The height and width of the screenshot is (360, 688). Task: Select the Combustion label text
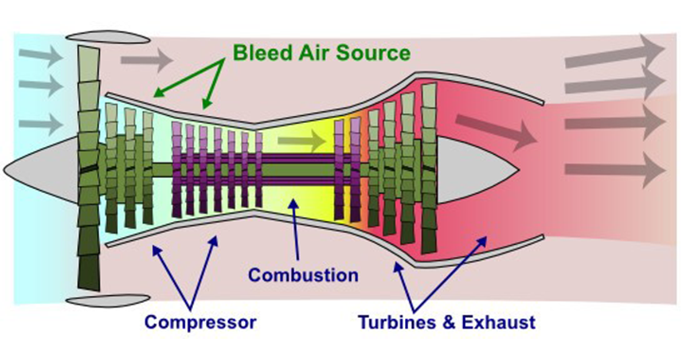(x=303, y=275)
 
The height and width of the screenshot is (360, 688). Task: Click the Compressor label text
(x=200, y=323)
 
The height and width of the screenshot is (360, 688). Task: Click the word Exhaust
(x=498, y=322)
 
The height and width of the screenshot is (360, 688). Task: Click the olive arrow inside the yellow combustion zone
(x=302, y=140)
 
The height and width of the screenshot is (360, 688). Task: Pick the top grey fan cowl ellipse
(x=108, y=37)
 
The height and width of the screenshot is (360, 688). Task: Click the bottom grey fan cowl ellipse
(x=108, y=301)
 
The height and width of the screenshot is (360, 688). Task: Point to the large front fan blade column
(x=89, y=169)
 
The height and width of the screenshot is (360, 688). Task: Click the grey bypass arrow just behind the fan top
(x=147, y=60)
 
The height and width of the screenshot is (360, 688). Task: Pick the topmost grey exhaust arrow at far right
(x=614, y=54)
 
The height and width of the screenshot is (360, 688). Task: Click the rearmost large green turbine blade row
(x=429, y=169)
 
